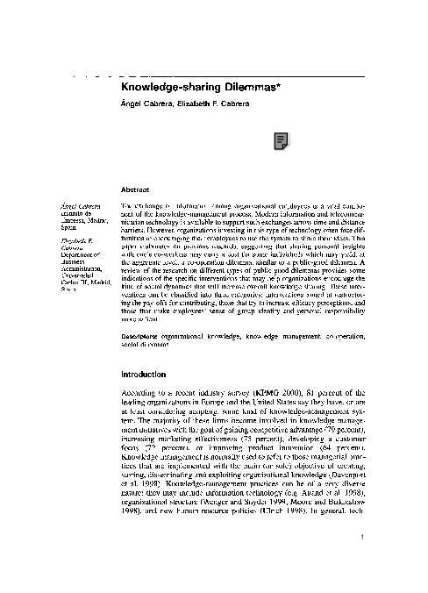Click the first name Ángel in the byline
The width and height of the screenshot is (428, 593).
(x=130, y=104)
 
